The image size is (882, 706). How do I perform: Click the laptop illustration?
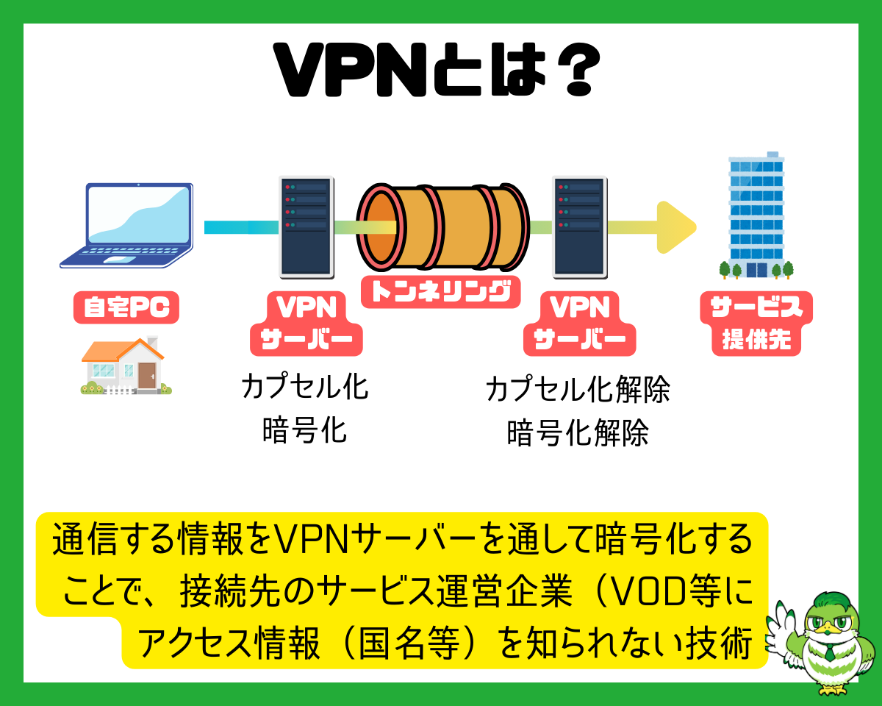point(126,224)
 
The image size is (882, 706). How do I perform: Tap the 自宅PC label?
point(126,308)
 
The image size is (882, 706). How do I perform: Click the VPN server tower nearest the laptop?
point(306,226)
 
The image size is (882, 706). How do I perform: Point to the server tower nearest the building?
point(579,226)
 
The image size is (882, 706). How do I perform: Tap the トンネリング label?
point(440,291)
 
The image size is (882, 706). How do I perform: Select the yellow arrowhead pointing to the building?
point(674,227)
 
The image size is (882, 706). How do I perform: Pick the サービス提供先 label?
point(756,324)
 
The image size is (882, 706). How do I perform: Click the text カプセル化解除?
point(578,391)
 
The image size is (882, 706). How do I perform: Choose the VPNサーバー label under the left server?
point(306,324)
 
